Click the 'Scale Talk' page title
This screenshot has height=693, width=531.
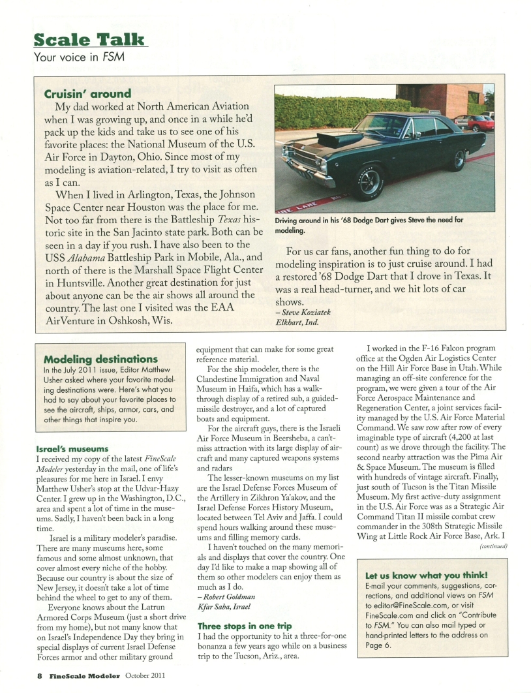tap(89, 38)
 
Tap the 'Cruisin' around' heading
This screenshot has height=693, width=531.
tap(87, 93)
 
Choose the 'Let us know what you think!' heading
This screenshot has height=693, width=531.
tap(427, 575)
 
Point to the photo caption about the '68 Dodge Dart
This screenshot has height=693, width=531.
tap(369, 224)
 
